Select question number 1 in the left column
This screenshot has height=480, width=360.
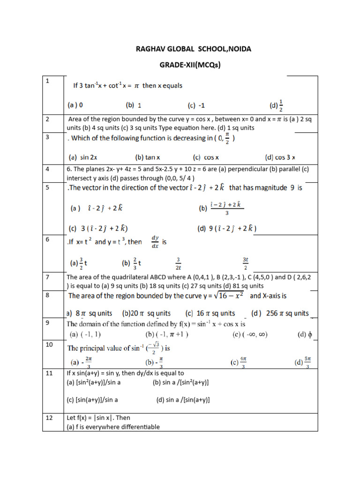pyautogui.click(x=47, y=82)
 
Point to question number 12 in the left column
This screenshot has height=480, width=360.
pyautogui.click(x=49, y=418)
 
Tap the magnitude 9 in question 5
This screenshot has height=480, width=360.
pyautogui.click(x=283, y=188)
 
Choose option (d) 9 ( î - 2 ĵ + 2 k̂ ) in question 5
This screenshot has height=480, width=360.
pyautogui.click(x=227, y=228)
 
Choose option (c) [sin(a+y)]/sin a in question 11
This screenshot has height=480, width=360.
pyautogui.click(x=92, y=400)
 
